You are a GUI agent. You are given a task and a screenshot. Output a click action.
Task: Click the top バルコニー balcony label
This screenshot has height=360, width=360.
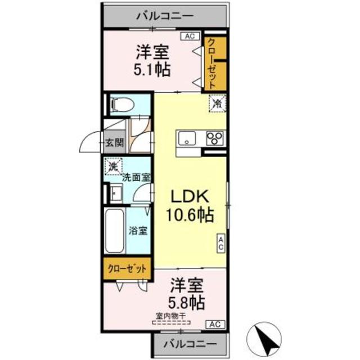coord(164,15)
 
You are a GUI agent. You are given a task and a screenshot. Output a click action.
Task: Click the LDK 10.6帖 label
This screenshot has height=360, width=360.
coord(190,205)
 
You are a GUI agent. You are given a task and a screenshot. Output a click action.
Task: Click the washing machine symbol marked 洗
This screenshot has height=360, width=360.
coord(113,167)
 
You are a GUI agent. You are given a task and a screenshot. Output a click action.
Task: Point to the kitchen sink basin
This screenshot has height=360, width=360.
coord(187,138)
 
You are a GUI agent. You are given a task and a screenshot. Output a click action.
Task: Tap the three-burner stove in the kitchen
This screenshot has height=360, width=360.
coord(214,138)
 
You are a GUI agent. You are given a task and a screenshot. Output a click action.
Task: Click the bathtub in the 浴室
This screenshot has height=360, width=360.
coord(114,231)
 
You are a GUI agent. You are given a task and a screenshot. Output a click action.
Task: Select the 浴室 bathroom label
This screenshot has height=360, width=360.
coord(138,231)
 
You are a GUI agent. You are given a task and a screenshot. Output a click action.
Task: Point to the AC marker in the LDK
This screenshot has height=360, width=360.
coord(221,243)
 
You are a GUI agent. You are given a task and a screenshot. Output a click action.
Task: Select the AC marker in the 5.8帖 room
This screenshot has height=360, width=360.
coord(215,324)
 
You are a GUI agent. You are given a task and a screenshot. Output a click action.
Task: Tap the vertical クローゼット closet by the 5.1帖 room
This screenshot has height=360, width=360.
coord(213,62)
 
